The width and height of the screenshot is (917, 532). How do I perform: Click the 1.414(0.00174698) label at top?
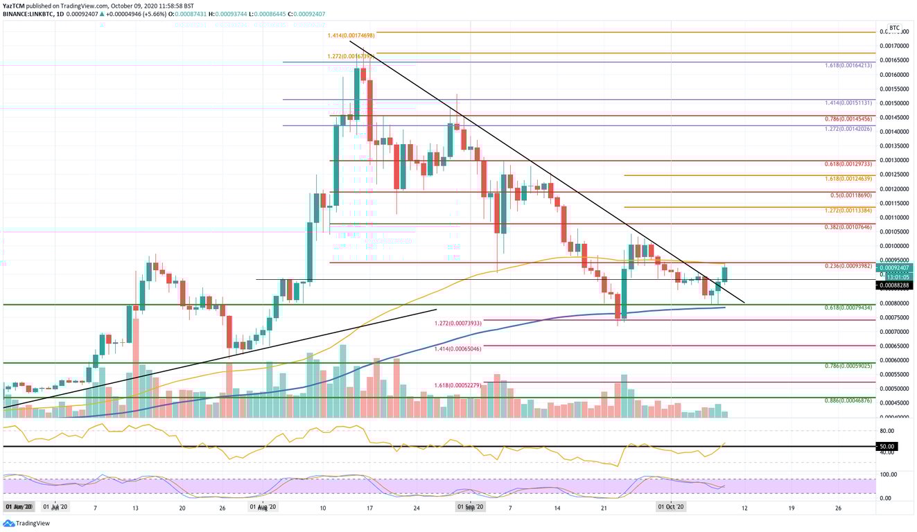click(351, 35)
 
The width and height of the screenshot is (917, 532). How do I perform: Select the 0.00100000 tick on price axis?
click(894, 246)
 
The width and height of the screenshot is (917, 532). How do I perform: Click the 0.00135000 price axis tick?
click(894, 146)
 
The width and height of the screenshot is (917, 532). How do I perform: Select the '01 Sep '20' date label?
click(471, 507)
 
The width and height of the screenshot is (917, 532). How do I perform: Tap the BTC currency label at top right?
click(894, 28)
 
